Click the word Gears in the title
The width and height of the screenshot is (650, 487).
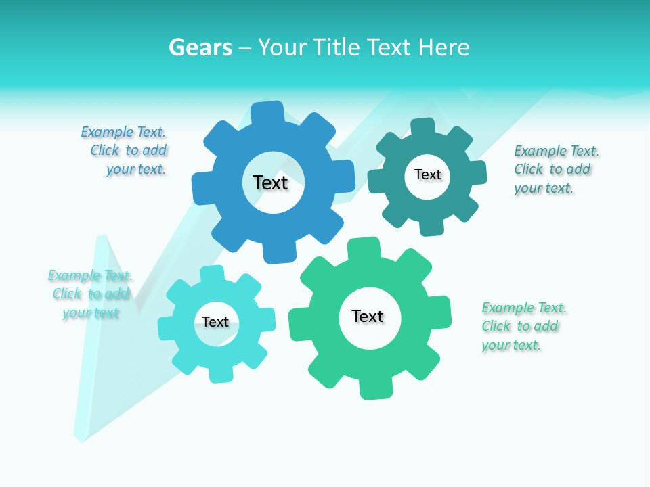200,47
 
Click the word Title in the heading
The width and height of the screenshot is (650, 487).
337,47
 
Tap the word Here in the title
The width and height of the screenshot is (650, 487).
443,47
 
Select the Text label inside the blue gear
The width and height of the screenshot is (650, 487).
270,183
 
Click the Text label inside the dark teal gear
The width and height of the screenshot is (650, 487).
427,175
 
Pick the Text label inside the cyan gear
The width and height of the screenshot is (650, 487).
215,322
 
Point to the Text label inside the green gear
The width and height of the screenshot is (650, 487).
368,316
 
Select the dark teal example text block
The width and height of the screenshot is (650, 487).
555,169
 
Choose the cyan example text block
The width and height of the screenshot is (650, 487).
90,294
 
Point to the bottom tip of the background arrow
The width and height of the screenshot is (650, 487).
82,440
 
